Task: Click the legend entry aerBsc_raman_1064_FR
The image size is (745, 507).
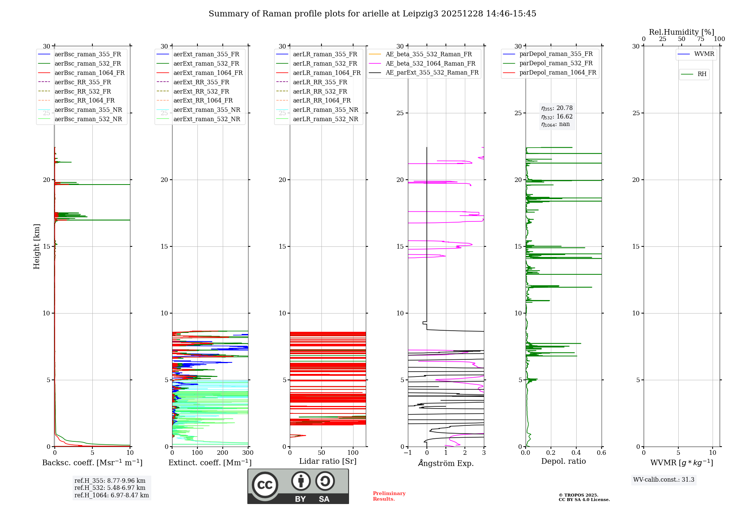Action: point(89,73)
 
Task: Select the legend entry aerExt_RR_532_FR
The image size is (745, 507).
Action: point(201,91)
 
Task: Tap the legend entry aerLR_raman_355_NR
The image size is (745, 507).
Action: point(325,110)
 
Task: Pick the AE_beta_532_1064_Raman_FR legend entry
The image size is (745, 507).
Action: point(430,63)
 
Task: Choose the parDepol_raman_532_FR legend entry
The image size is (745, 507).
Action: point(556,63)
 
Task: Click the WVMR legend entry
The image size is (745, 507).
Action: point(704,54)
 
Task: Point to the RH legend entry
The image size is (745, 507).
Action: point(702,74)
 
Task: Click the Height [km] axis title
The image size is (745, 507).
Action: point(37,246)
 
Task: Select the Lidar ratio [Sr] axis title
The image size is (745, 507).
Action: point(328,461)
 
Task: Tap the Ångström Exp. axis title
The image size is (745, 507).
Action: point(446,463)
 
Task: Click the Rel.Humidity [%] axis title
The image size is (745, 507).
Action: point(681,32)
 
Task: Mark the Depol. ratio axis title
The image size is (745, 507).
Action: point(564,461)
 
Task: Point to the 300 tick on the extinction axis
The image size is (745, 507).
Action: point(248,453)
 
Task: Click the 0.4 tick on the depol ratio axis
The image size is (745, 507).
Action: point(576,453)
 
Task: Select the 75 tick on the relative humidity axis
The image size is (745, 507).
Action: point(700,39)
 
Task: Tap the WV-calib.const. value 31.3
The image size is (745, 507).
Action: point(688,480)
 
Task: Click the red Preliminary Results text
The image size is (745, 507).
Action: point(389,496)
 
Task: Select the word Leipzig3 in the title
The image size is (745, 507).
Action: point(421,14)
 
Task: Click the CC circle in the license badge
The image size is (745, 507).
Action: point(265,485)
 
